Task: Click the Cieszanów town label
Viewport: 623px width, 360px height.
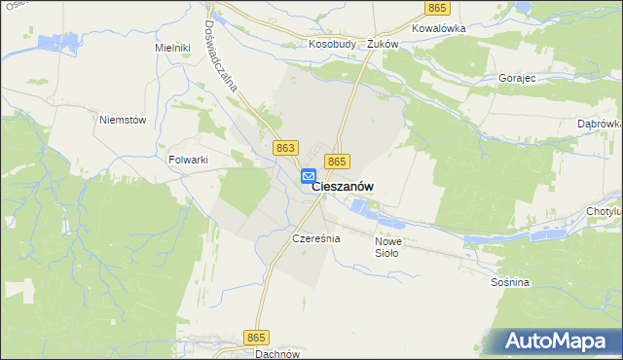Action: click(x=344, y=187)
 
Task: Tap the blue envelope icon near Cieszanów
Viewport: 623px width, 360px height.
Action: click(x=308, y=176)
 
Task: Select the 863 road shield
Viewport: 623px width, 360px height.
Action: click(x=285, y=147)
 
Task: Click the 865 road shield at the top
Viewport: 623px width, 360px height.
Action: click(x=437, y=8)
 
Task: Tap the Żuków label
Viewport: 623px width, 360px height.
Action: click(x=384, y=44)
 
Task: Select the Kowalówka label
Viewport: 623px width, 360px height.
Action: click(x=439, y=28)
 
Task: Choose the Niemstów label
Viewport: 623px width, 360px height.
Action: click(x=123, y=120)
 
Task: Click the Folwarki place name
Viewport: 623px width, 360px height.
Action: click(x=189, y=160)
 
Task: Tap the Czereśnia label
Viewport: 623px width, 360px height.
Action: click(x=315, y=237)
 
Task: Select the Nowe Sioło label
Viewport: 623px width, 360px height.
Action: click(x=387, y=247)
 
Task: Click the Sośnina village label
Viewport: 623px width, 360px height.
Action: click(x=510, y=282)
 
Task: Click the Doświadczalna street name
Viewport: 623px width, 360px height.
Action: click(x=230, y=54)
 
